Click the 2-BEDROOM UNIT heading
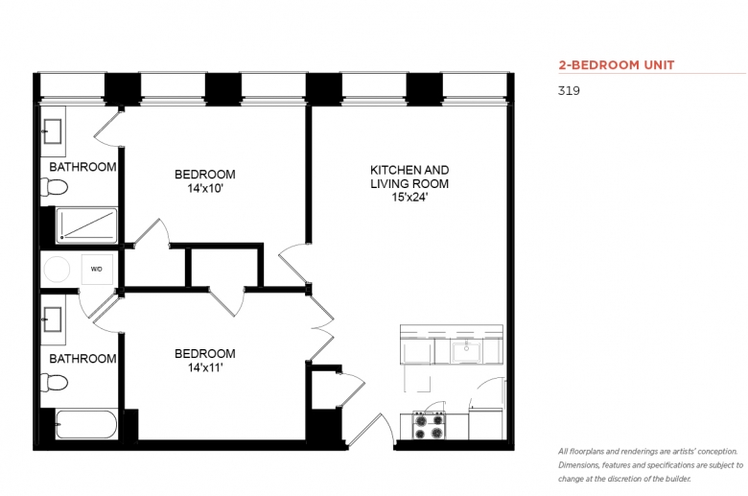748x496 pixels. click(x=617, y=65)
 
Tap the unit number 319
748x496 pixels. click(x=569, y=91)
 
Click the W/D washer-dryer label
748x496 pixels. click(x=96, y=270)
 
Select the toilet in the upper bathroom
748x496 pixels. click(x=54, y=187)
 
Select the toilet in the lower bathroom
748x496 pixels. click(x=54, y=383)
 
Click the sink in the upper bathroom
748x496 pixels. click(x=52, y=131)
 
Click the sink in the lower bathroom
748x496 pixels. click(x=52, y=319)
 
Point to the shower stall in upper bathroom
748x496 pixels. click(x=86, y=224)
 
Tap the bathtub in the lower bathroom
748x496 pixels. click(x=86, y=424)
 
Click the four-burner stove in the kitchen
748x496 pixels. click(x=429, y=426)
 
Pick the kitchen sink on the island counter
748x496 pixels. click(x=466, y=352)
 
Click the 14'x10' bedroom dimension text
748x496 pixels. click(x=205, y=189)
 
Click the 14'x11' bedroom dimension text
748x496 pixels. click(x=205, y=367)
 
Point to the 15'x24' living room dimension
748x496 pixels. click(x=409, y=197)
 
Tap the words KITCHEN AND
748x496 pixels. click(x=409, y=170)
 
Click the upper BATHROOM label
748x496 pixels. click(x=82, y=167)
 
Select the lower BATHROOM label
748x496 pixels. click(x=82, y=359)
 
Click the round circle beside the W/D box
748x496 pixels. click(x=57, y=270)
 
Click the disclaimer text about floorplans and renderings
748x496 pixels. click(x=650, y=465)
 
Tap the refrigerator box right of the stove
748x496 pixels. click(x=485, y=423)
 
